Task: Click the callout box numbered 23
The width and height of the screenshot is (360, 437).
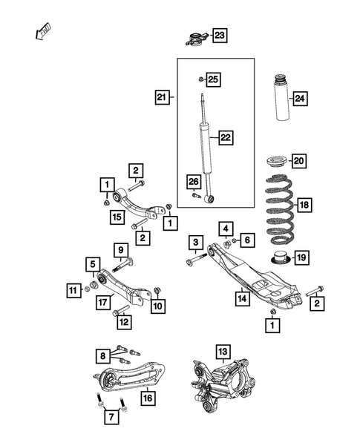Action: pos(220,35)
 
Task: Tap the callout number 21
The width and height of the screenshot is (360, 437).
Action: pos(162,96)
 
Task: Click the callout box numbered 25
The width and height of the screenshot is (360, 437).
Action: pos(213,79)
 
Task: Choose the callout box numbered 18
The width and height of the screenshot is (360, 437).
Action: pos(304,204)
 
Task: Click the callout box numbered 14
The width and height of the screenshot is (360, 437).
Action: pos(241,299)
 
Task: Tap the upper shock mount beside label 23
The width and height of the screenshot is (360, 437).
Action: pos(194,39)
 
